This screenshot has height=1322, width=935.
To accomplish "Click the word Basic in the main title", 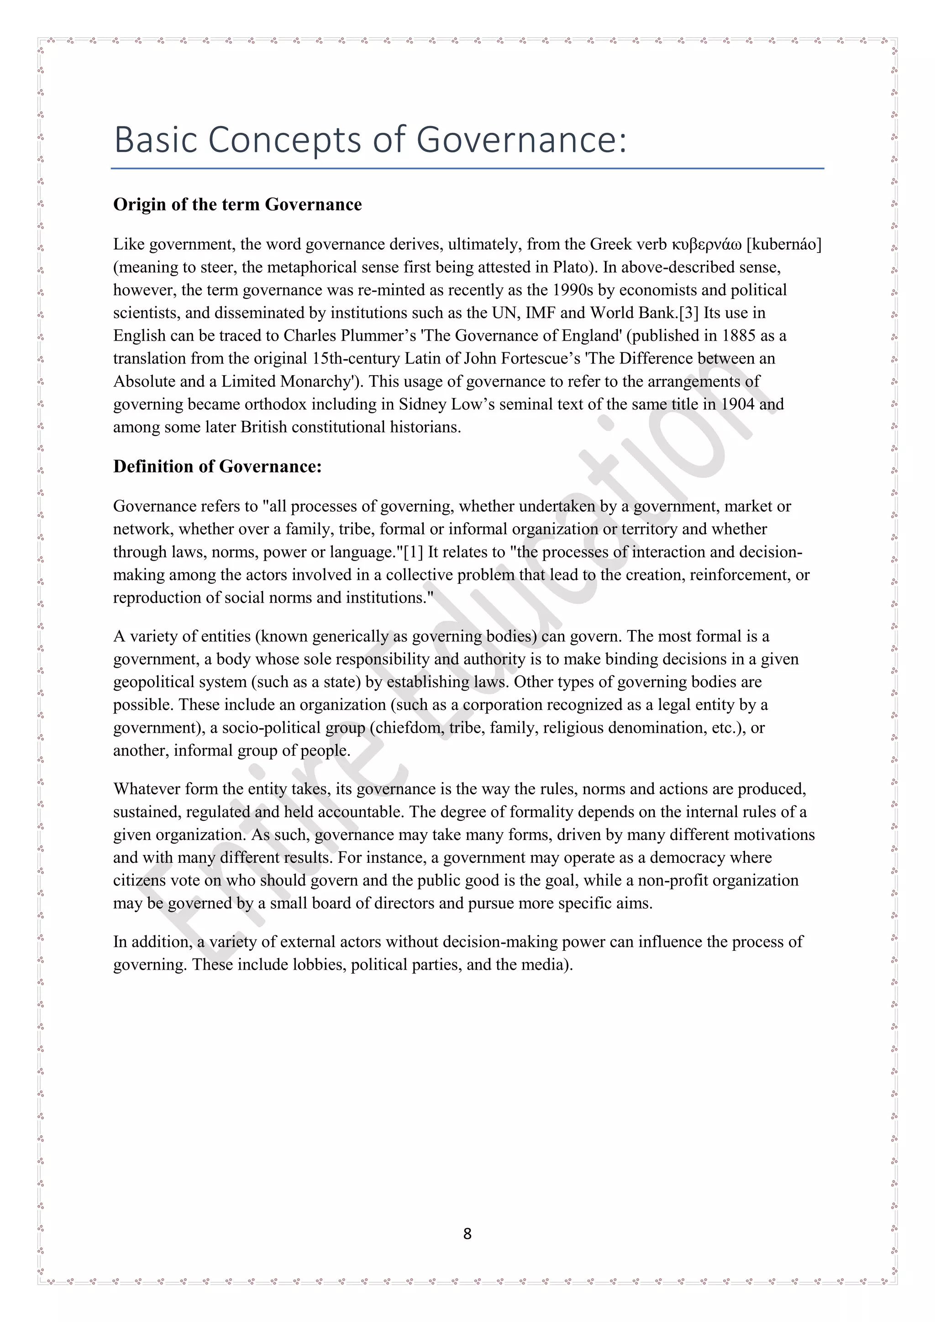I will [156, 140].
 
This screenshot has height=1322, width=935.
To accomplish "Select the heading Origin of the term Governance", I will [237, 205].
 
